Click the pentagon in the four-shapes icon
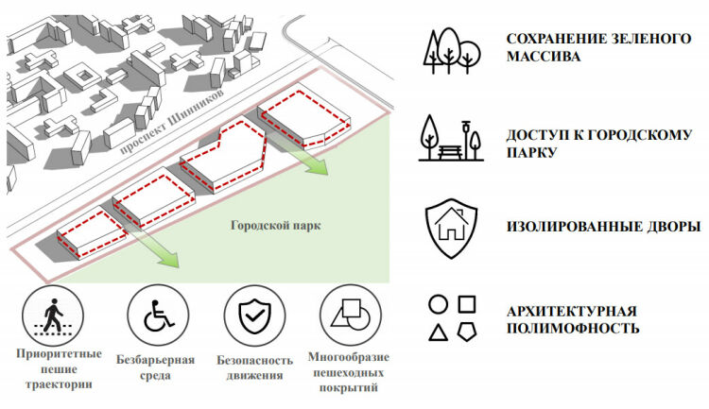(x=466, y=332)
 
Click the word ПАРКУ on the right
(x=529, y=152)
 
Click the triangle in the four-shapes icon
(x=438, y=332)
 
